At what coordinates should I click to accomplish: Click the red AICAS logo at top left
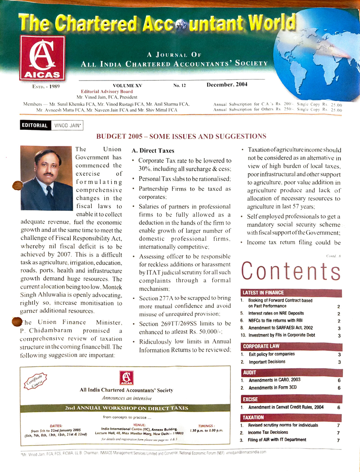click(42, 58)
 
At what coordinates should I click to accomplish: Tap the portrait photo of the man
click(47, 179)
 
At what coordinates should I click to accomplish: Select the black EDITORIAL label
click(34, 125)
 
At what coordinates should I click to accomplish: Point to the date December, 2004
click(227, 85)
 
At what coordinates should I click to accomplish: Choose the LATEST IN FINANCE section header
click(263, 293)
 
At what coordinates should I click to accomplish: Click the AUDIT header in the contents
click(250, 373)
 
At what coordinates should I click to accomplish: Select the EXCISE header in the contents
click(251, 399)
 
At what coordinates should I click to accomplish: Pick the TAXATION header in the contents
click(253, 418)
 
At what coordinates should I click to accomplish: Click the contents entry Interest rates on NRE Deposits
click(275, 313)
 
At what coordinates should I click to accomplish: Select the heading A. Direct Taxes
click(153, 151)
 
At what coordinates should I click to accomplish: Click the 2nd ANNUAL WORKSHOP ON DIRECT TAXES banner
click(126, 408)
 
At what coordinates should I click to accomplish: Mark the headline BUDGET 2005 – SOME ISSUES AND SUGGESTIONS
click(181, 136)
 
